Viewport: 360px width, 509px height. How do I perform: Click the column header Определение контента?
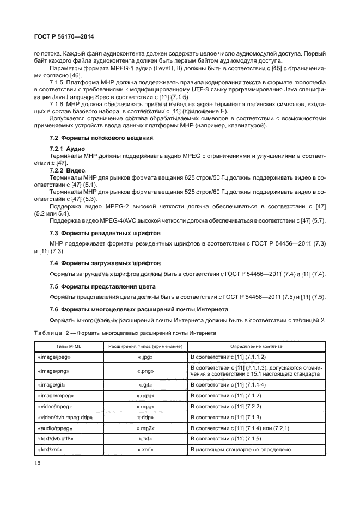[x=255, y=346]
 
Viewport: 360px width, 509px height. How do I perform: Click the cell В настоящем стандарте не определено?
[x=240, y=450]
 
